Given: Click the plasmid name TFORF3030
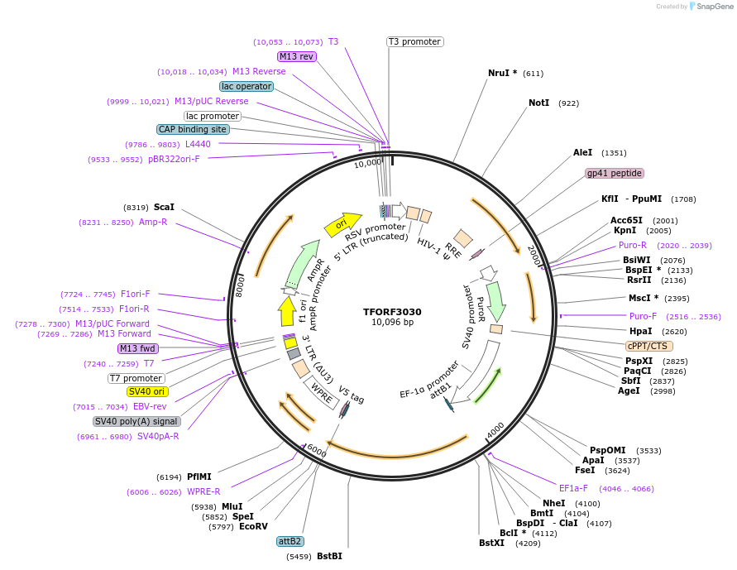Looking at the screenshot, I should pos(392,312).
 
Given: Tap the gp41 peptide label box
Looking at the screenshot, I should pos(615,173).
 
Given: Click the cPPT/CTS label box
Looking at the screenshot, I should pos(648,346).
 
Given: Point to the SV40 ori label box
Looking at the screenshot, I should pos(146,391).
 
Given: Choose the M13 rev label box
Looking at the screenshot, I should pos(296,56).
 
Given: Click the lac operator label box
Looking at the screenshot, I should pos(246,86).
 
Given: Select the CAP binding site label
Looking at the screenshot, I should pos(193,129).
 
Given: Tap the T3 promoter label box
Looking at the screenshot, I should pos(414,41).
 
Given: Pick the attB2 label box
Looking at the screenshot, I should pos(290,541).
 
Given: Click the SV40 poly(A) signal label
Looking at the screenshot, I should pos(136,421).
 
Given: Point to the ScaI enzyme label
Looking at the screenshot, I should pos(164,207).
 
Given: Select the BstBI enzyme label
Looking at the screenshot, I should pos(329,556).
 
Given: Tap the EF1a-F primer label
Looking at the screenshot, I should pos(573,488).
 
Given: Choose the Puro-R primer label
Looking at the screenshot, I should pos(633,245).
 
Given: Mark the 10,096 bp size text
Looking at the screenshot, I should pos(392,322).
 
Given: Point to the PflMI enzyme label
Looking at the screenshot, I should pos(199,477).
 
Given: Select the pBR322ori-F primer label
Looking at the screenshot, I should pos(174,159).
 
